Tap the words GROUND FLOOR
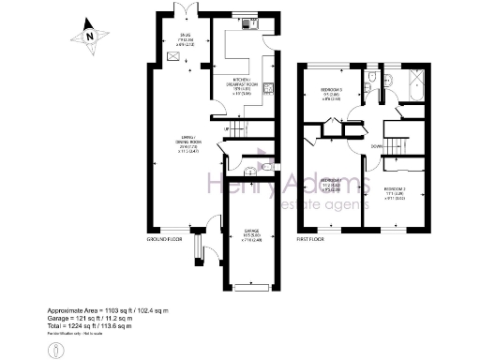pos(164,240)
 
